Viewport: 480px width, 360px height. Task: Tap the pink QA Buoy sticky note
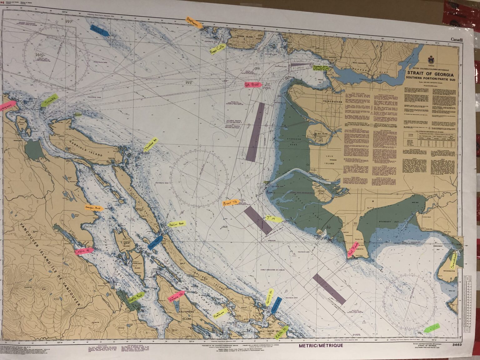coord(252,85)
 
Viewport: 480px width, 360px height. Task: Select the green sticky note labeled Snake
coord(50,101)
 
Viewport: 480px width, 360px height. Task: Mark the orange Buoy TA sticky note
coord(231,203)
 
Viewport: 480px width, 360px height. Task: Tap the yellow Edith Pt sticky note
coord(282,332)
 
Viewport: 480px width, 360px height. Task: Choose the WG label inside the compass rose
coord(39,55)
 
